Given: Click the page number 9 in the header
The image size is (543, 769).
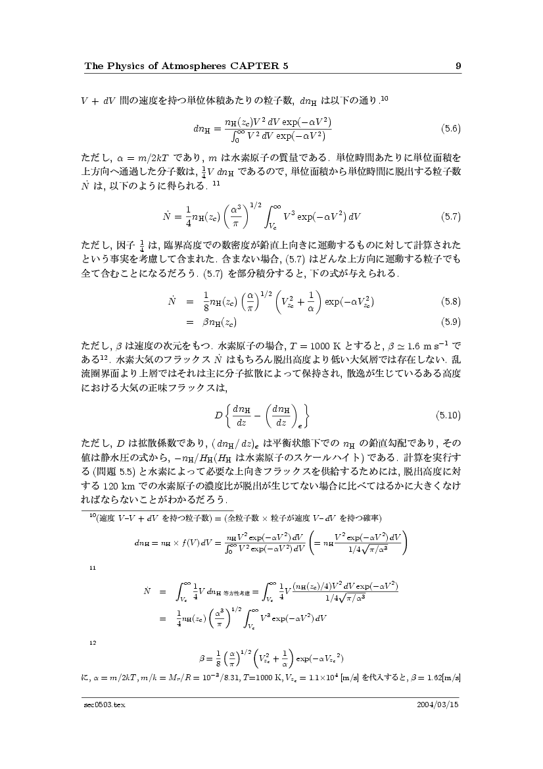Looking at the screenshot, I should tap(458, 66).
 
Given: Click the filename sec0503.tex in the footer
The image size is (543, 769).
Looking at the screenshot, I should tap(100, 705).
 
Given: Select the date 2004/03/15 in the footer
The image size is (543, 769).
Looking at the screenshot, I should tap(438, 705).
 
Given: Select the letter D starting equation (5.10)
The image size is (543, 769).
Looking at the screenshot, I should tap(218, 415).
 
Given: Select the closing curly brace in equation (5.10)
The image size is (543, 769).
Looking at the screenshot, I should tap(308, 416).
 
